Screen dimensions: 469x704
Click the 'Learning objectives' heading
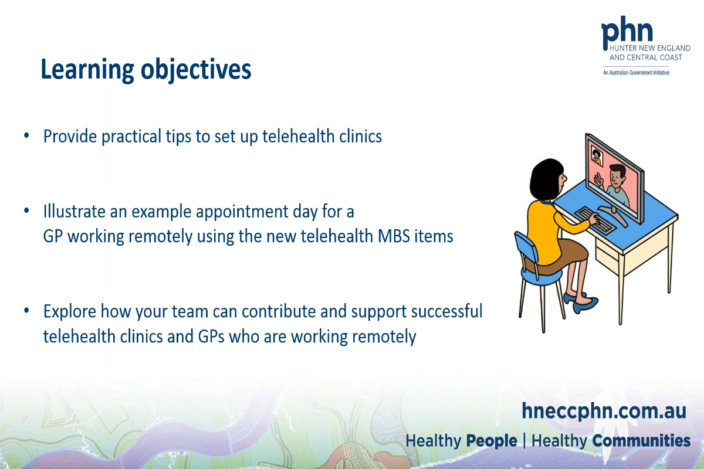145,70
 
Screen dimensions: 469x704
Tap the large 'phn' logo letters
627,31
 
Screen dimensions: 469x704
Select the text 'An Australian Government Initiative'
636,73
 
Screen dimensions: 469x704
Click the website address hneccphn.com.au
604,411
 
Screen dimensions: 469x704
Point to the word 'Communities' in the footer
641,441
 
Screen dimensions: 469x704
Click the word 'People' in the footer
492,441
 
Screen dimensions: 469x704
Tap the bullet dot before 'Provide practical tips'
26,136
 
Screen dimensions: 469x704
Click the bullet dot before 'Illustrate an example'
26,210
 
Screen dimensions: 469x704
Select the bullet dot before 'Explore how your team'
26,311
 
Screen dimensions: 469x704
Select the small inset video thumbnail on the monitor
597,156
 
